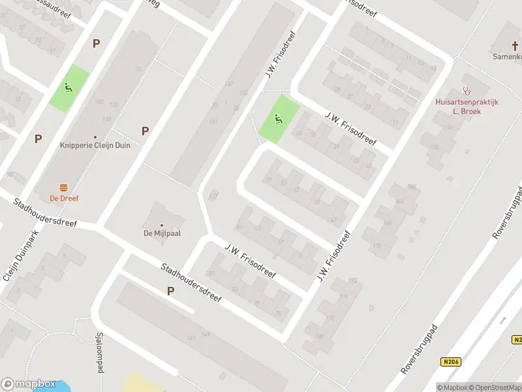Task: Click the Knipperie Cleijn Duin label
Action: (95, 145)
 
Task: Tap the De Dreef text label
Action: (63, 198)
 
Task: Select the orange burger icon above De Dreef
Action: (63, 188)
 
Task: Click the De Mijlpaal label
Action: (162, 233)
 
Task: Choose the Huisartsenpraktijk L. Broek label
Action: (467, 106)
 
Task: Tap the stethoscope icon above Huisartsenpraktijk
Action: (466, 91)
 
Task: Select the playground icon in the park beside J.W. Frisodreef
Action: (279, 118)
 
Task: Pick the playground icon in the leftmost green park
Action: (68, 88)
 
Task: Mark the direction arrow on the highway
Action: (503, 320)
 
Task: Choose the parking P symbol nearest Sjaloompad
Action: (170, 291)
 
